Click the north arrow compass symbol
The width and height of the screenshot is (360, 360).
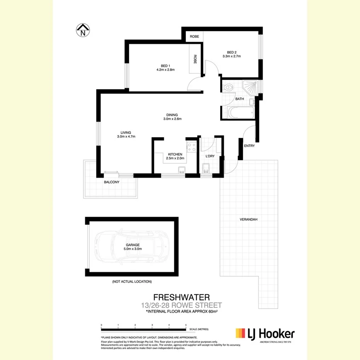click(x=83, y=30)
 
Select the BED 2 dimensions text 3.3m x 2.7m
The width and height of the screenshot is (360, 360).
click(x=231, y=56)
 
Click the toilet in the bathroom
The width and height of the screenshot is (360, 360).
click(x=229, y=88)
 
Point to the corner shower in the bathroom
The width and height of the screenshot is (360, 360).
click(x=249, y=88)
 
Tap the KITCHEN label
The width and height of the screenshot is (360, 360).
click(x=175, y=154)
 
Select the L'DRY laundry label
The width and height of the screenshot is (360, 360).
click(x=210, y=156)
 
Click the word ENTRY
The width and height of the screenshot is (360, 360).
click(x=249, y=146)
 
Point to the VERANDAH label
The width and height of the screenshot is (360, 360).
click(x=248, y=220)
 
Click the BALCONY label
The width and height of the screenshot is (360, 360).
click(x=112, y=182)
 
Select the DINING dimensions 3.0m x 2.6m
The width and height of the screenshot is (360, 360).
click(x=172, y=119)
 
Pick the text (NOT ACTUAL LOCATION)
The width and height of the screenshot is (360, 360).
click(x=132, y=282)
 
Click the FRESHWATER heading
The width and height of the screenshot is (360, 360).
click(x=182, y=297)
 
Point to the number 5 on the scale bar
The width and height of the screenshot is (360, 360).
click(x=186, y=325)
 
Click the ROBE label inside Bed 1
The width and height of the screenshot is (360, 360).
click(x=195, y=59)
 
